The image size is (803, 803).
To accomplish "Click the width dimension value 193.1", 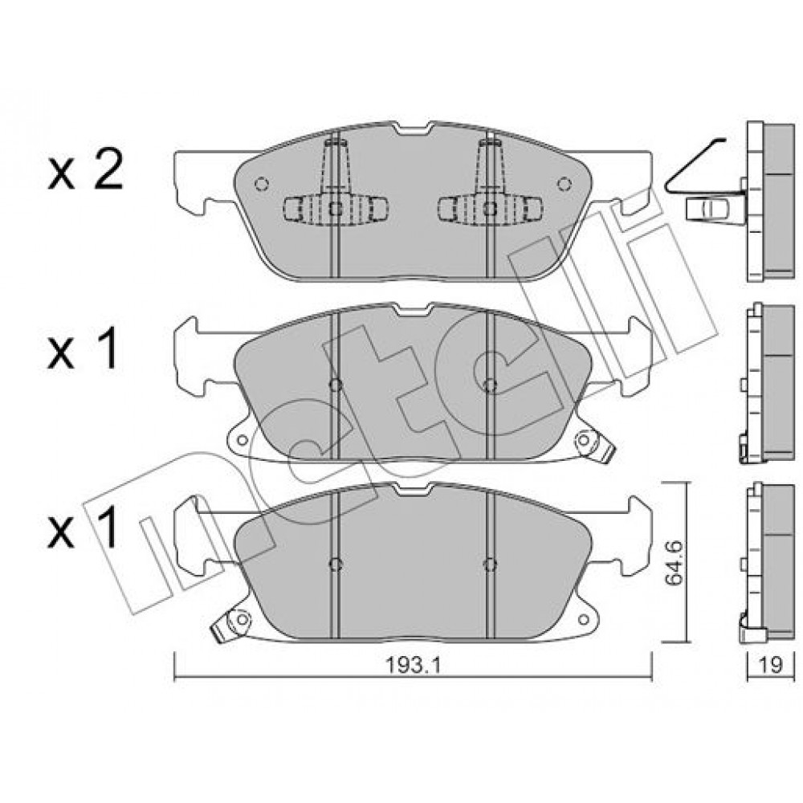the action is [413, 665].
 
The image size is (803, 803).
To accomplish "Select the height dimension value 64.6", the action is [676, 563].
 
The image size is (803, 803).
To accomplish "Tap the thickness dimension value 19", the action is [771, 665].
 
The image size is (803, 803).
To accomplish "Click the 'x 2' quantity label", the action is [86, 169].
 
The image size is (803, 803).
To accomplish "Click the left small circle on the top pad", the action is [261, 184].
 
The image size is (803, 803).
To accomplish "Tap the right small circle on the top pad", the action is [565, 184].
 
